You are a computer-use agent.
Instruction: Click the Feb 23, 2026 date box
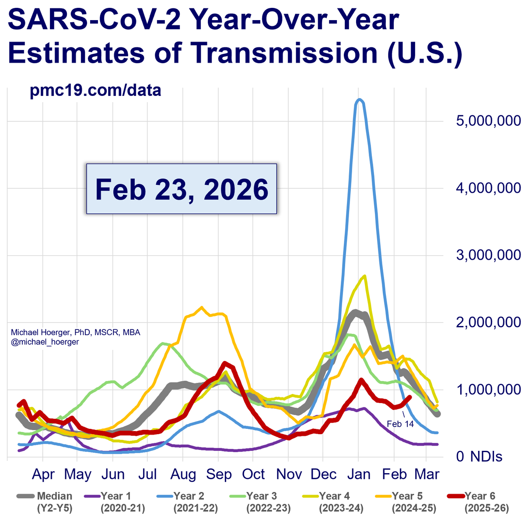point(181,189)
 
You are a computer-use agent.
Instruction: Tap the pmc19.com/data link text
point(95,91)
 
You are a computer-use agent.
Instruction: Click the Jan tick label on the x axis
point(358,474)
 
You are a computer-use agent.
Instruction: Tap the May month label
point(77,474)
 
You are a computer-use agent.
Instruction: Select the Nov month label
point(289,474)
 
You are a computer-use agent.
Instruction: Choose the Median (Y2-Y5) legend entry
point(45,502)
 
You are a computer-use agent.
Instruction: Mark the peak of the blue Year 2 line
point(359,99)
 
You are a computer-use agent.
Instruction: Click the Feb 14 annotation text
point(400,424)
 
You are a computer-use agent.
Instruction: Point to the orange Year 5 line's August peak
point(202,308)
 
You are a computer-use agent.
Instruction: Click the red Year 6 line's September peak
point(225,363)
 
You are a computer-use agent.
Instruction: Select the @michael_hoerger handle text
point(45,342)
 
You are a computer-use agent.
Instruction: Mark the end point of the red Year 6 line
point(409,397)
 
